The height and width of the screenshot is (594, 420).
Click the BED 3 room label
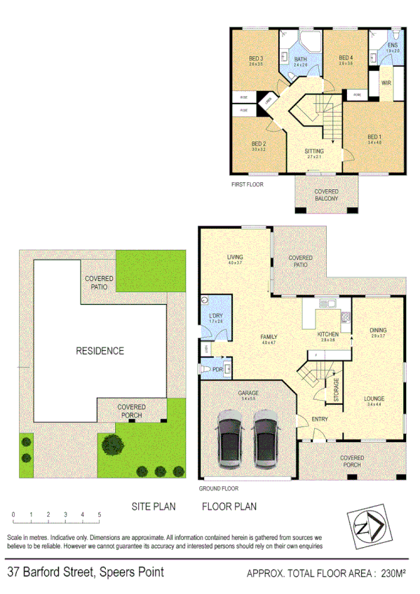point(255,58)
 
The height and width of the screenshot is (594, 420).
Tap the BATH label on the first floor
point(301,60)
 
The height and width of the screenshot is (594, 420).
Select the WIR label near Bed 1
point(386,83)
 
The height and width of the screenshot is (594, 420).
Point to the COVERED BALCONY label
point(326,195)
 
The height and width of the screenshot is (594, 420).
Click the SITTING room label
point(314,151)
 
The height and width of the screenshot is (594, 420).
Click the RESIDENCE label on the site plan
point(100,351)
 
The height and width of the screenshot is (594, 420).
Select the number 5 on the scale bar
point(99,515)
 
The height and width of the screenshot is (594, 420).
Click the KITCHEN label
point(327,334)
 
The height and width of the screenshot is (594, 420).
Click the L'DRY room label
point(215,317)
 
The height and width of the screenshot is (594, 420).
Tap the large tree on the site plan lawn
point(111,443)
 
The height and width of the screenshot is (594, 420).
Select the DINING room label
point(378,330)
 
